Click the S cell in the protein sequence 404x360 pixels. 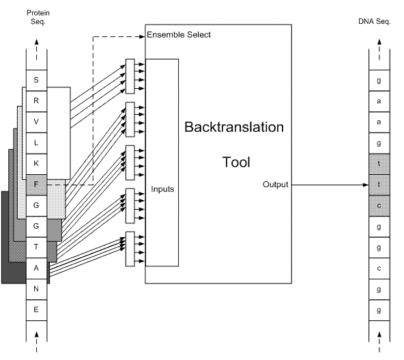click(x=36, y=80)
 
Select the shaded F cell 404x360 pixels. click(x=36, y=184)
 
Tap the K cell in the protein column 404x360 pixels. click(x=36, y=164)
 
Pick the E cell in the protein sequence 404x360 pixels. click(x=36, y=310)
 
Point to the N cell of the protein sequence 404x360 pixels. click(x=36, y=289)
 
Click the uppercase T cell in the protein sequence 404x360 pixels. click(x=36, y=247)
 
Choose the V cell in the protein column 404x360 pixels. click(x=36, y=122)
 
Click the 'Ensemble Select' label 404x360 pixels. click(x=179, y=35)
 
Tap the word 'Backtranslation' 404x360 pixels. click(x=234, y=127)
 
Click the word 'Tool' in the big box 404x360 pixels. click(x=236, y=162)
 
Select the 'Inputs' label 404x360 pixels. click(x=162, y=189)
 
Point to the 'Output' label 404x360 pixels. click(x=275, y=184)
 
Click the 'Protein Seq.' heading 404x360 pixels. click(x=38, y=17)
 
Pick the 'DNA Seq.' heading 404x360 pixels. click(x=375, y=21)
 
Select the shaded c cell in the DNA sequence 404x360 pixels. click(x=379, y=206)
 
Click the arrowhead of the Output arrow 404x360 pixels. click(x=366, y=185)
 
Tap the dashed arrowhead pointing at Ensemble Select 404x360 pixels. click(x=142, y=37)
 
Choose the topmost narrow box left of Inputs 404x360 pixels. click(x=130, y=77)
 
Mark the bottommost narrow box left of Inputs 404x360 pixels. click(x=130, y=249)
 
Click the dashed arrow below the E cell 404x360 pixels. click(x=37, y=342)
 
